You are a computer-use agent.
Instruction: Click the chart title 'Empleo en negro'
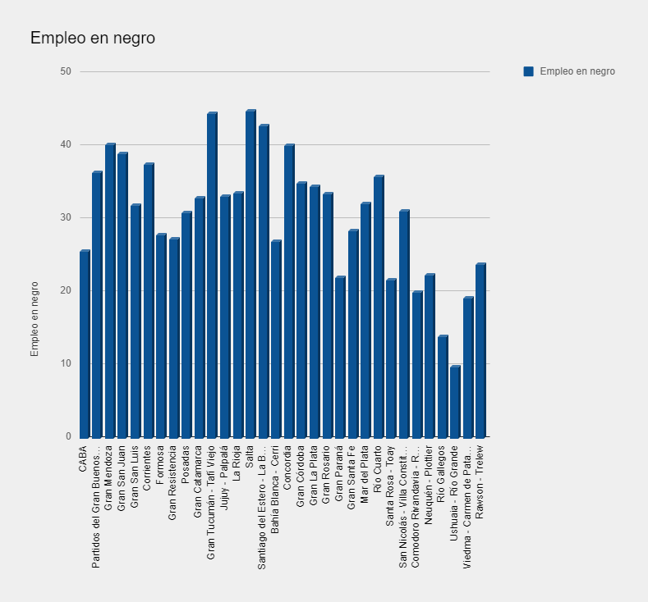[93, 39]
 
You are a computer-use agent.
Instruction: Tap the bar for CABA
[85, 344]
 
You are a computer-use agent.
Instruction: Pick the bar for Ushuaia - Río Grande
[455, 401]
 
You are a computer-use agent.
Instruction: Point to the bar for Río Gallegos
[443, 386]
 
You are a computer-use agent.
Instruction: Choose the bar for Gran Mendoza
[110, 290]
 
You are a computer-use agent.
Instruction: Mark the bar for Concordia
[289, 290]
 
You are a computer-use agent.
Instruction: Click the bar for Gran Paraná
[340, 357]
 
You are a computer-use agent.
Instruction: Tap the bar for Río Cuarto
[379, 307]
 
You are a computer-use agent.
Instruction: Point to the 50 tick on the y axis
[66, 71]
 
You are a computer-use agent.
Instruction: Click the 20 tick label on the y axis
[66, 290]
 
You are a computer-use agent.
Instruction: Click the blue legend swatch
[528, 71]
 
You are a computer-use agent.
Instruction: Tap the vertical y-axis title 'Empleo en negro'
[34, 319]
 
